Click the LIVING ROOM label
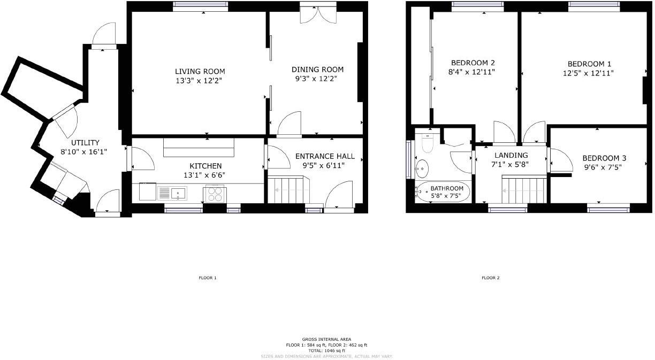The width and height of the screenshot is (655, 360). pyautogui.click(x=200, y=72)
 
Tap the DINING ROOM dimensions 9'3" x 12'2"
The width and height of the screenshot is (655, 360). pyautogui.click(x=317, y=79)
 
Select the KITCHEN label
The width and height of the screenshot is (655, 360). pyautogui.click(x=205, y=166)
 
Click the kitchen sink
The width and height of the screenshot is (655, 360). pyautogui.click(x=178, y=192)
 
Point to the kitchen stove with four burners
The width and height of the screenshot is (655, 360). pyautogui.click(x=215, y=194)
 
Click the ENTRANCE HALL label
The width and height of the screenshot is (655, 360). pyautogui.click(x=325, y=156)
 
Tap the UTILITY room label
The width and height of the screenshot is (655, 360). pyautogui.click(x=86, y=143)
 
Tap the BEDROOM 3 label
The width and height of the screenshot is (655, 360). pyautogui.click(x=604, y=158)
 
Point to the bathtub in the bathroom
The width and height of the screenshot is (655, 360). pyautogui.click(x=443, y=192)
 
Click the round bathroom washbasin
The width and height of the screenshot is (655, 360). pyautogui.click(x=422, y=168)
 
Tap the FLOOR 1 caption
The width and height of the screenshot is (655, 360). pyautogui.click(x=207, y=278)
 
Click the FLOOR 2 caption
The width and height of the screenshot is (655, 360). pyautogui.click(x=490, y=278)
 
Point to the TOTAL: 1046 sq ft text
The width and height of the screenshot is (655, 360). pyautogui.click(x=326, y=350)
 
